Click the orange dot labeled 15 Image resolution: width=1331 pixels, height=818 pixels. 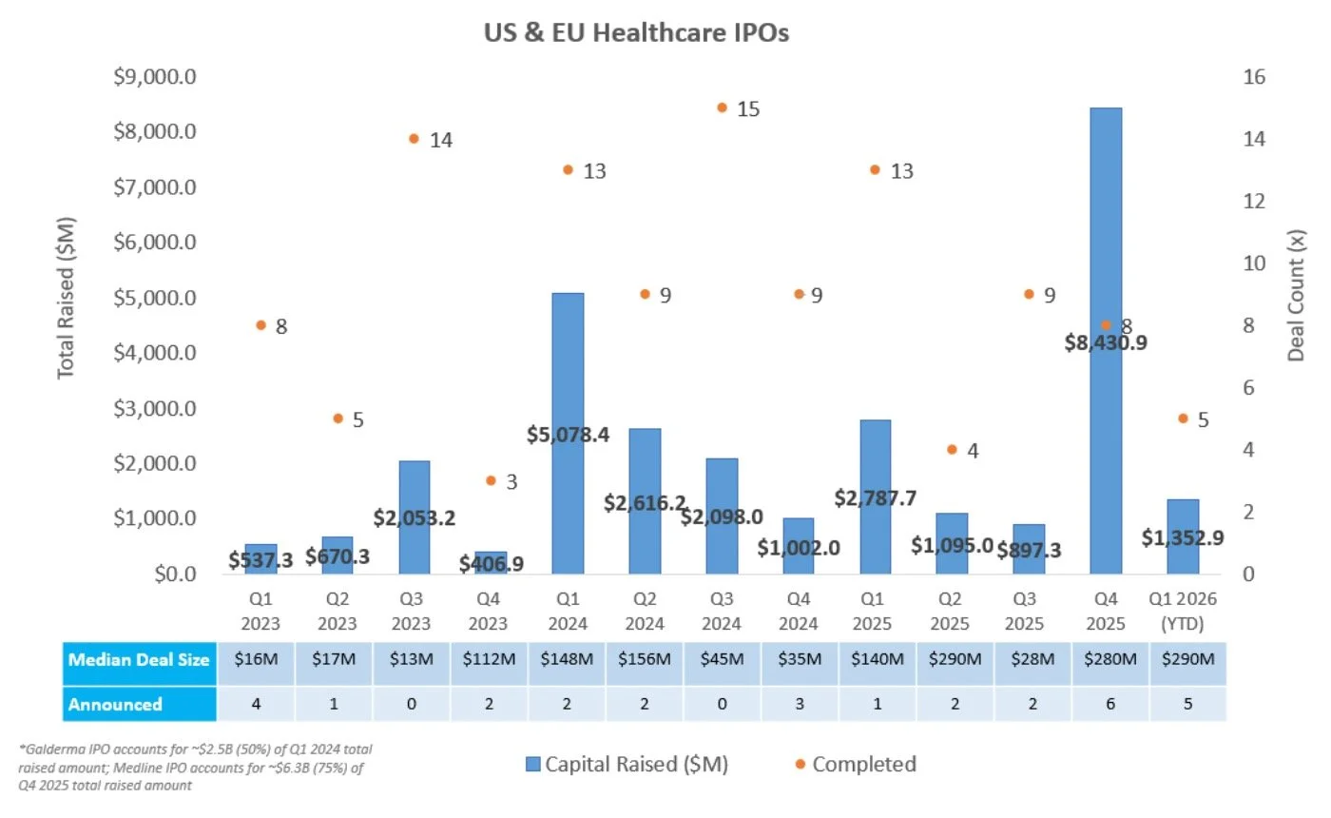(x=722, y=108)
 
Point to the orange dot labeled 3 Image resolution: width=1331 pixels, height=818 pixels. (x=491, y=481)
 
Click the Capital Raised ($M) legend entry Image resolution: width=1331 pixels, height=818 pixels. (x=627, y=764)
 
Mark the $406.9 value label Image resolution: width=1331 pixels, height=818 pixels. (x=491, y=564)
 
